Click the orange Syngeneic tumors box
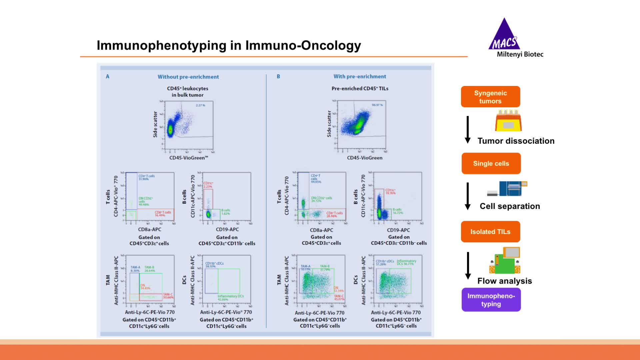(x=490, y=97)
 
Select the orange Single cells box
(x=491, y=163)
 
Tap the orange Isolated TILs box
(x=490, y=232)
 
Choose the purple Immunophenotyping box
(x=491, y=300)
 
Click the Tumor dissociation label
(x=516, y=141)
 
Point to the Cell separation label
(x=510, y=206)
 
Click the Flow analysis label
(x=504, y=281)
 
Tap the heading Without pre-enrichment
(x=188, y=77)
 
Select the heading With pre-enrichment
(x=360, y=76)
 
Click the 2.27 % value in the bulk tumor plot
(x=200, y=105)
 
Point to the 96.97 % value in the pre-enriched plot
(x=377, y=105)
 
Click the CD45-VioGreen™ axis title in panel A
(x=188, y=158)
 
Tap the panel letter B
(x=278, y=76)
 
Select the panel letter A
(x=107, y=76)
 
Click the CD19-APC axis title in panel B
(x=398, y=230)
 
